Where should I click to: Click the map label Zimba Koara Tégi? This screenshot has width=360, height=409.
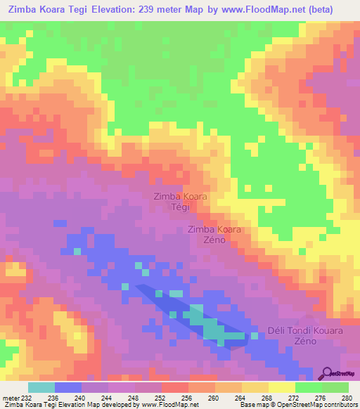tap(180, 202)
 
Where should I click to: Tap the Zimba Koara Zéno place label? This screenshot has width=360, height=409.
tap(214, 235)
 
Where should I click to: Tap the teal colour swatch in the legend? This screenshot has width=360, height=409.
tap(41, 387)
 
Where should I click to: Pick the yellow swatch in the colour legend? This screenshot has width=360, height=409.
tap(281, 387)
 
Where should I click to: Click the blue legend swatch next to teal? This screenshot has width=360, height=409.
tap(67, 387)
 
